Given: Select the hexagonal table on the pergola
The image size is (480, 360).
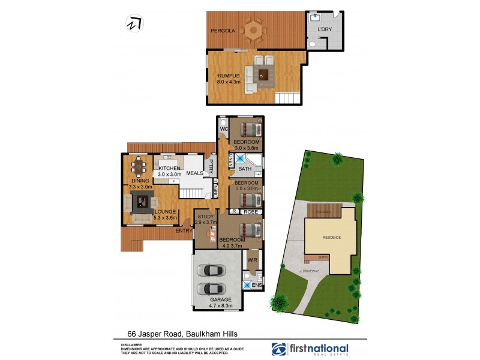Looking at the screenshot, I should [x=254, y=29].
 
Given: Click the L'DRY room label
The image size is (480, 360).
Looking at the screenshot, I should [x=324, y=29].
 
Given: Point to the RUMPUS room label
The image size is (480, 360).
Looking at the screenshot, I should [x=229, y=75].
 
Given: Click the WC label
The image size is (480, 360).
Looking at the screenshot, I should [x=224, y=129].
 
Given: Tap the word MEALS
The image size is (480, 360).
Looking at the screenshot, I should [x=195, y=173].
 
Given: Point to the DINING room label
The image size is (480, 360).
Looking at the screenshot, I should [x=140, y=181].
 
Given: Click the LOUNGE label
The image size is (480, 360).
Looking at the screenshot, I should [x=165, y=211].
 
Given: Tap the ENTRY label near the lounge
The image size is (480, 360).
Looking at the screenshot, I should [x=184, y=230].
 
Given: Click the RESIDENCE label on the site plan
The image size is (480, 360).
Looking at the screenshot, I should [x=332, y=237].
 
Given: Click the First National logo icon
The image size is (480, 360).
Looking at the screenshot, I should [x=279, y=349].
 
